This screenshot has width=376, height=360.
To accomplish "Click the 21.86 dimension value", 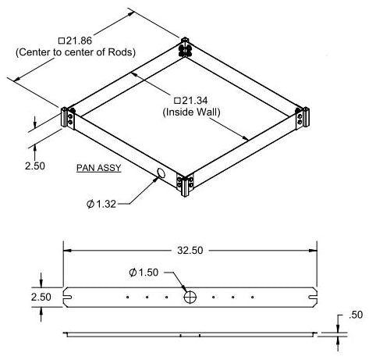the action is pos(76,41).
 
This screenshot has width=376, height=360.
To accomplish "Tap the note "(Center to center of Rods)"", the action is pos(76,52).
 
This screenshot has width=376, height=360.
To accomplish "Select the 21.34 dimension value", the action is pos(191,101).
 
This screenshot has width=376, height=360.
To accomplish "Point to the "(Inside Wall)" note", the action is pos(192,112).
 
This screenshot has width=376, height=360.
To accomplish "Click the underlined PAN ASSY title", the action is pos(99,168).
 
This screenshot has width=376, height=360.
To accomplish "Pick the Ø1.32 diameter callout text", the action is pos(101,204).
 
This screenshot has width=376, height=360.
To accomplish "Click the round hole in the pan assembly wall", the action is pos(161,173).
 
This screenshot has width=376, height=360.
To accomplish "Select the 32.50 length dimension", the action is pos(190,251).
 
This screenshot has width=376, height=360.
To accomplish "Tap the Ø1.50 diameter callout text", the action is pos(144,273).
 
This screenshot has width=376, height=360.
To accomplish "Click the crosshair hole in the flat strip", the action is pos(190,297).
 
